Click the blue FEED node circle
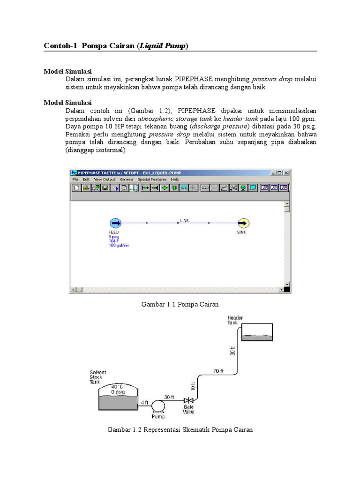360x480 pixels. point(115,223)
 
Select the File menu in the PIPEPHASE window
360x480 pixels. point(75,179)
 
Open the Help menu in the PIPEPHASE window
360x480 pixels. point(175,179)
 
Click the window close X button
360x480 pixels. point(286,172)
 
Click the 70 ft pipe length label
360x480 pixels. point(216,371)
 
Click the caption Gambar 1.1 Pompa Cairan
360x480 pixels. point(180,304)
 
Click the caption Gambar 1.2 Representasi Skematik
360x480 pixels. point(180,429)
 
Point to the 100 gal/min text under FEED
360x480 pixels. point(118,245)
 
